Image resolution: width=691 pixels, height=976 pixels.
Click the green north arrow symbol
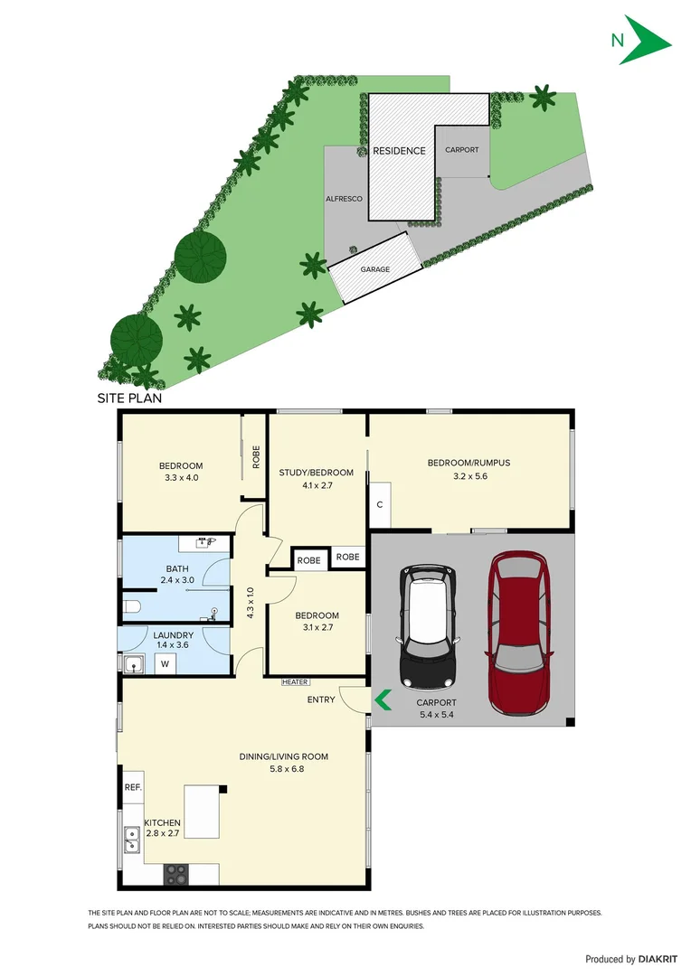(645, 41)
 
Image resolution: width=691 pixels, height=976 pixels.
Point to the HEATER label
(295, 682)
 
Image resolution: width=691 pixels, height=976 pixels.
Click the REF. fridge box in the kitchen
(133, 787)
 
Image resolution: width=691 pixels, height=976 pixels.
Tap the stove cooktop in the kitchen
(175, 874)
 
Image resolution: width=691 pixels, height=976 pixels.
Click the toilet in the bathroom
(130, 606)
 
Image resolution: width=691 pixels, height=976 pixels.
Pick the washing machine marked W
(165, 664)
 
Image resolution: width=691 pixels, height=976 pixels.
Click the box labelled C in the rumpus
(380, 504)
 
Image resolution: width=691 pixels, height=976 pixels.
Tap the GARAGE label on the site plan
(374, 269)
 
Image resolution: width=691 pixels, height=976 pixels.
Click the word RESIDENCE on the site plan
(399, 151)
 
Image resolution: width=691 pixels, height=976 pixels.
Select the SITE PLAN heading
(129, 398)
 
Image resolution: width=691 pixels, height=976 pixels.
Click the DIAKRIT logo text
(651, 959)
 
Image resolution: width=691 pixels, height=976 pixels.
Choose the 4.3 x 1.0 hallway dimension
(251, 603)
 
